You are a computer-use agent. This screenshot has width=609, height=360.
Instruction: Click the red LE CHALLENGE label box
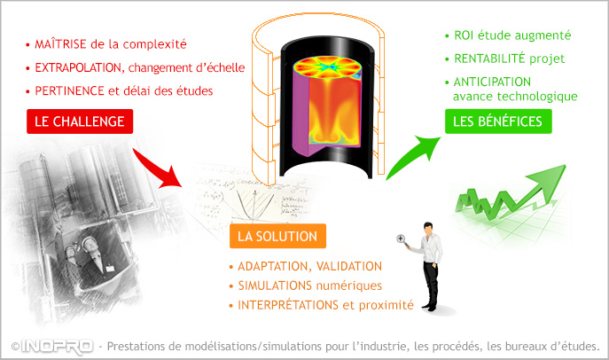[x=80, y=121]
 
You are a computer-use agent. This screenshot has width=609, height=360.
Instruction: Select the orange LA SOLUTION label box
[x=277, y=236]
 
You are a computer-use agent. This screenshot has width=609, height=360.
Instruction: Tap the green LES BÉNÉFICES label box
[x=498, y=121]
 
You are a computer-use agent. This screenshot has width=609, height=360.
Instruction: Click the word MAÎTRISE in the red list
[x=60, y=43]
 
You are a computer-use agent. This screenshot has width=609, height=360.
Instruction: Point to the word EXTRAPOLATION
[x=78, y=67]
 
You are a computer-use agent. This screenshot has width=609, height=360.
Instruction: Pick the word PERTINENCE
[x=69, y=90]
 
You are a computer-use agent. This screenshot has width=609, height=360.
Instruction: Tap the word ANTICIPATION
[x=492, y=82]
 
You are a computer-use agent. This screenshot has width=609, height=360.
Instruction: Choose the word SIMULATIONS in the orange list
[x=275, y=286]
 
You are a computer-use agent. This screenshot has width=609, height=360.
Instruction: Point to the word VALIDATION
[x=348, y=266]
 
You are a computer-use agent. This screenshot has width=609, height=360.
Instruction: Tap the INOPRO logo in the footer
[x=57, y=347]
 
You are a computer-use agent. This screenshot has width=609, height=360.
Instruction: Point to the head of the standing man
[x=428, y=229]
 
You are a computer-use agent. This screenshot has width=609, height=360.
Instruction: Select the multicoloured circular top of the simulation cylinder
[x=327, y=67]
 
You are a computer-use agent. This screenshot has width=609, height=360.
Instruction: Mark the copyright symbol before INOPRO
[x=16, y=347]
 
